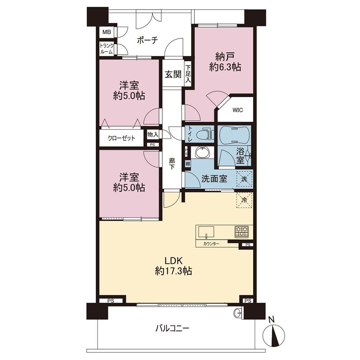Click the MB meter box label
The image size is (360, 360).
click(x=107, y=32)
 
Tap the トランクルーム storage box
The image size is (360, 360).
click(x=107, y=49)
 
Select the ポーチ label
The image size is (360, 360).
click(x=147, y=40)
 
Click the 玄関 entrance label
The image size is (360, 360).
click(x=173, y=75)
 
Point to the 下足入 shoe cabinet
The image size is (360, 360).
click(x=188, y=74)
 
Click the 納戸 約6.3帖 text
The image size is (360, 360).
click(x=225, y=62)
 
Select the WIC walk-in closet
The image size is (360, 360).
click(x=237, y=110)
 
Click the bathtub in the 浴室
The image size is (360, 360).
click(x=234, y=135)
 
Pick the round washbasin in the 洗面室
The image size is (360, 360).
click(x=202, y=152)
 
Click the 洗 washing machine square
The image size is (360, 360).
click(x=244, y=179)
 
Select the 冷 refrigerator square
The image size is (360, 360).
click(x=244, y=200)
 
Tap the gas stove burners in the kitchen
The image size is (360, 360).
click(x=242, y=232)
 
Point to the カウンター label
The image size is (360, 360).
click(x=211, y=244)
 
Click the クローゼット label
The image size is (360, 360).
click(x=121, y=138)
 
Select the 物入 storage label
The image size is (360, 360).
click(x=153, y=135)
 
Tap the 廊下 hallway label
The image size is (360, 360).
click(x=172, y=164)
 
